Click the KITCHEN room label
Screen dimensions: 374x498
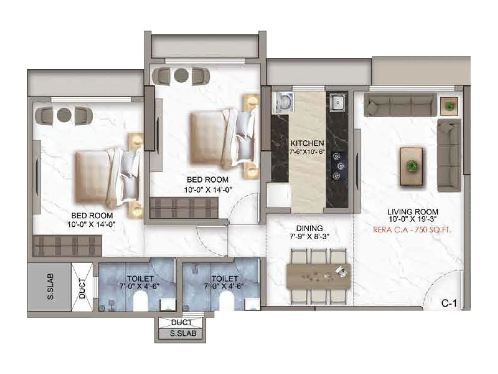click(307, 143)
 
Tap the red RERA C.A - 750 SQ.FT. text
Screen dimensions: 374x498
click(412, 230)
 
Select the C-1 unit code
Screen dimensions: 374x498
click(449, 303)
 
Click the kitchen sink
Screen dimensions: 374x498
click(337, 102)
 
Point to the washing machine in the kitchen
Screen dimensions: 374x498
click(283, 103)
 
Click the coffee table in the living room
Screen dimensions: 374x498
click(411, 166)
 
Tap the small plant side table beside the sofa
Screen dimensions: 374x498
click(449, 106)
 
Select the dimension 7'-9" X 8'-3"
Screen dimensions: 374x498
click(309, 237)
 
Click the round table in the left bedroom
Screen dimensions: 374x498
click(64, 115)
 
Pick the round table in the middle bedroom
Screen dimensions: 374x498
click(181, 75)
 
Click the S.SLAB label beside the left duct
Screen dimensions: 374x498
click(50, 287)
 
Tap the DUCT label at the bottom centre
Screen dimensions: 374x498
click(181, 323)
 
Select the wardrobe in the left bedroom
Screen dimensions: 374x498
click(67, 246)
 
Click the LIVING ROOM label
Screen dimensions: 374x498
click(412, 212)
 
